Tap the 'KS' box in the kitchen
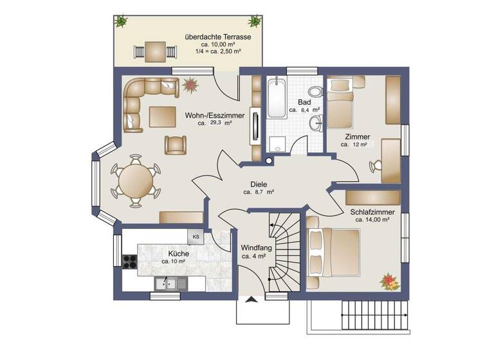(x=196, y=237)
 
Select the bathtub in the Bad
(x=277, y=98)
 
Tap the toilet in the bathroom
(x=315, y=91)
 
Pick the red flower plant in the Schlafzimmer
(x=389, y=280)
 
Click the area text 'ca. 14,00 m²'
(x=372, y=220)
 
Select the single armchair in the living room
(x=175, y=145)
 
